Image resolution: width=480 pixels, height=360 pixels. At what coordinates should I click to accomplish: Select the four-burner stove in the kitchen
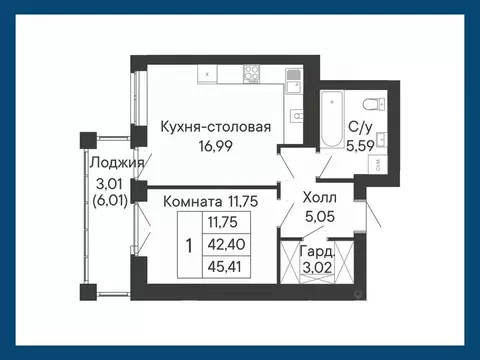[251, 74]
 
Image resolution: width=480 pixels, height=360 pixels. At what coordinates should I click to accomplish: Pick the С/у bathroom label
[360, 126]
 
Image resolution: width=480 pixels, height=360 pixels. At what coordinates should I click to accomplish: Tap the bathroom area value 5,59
[360, 144]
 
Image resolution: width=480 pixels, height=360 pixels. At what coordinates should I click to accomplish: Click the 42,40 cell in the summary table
[223, 243]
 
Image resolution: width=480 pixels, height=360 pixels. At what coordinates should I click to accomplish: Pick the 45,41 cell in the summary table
[223, 265]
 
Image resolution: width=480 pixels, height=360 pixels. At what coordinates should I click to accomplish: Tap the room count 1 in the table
[189, 244]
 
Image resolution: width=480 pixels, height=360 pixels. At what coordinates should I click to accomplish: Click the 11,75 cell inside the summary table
[223, 222]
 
